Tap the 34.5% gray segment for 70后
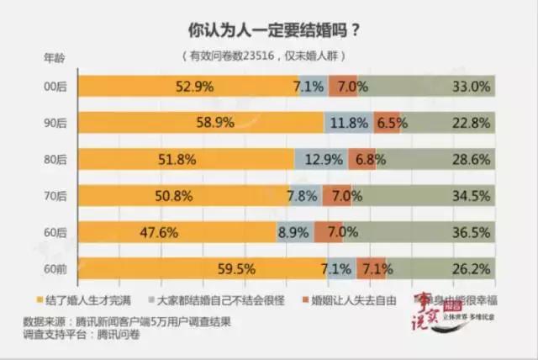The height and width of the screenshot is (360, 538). tap(429, 195)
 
